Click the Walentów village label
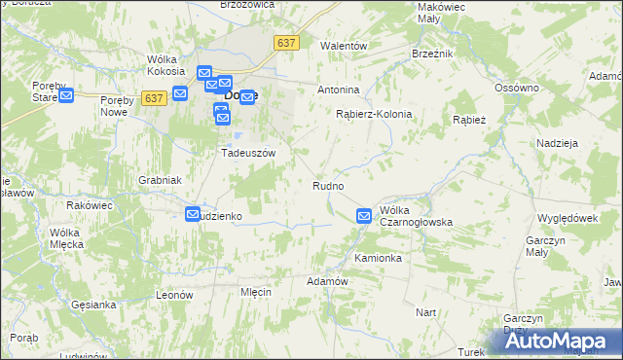click(344, 46)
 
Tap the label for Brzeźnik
click(432, 54)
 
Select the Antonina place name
click(339, 90)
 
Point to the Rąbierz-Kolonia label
click(374, 114)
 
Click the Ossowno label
click(516, 89)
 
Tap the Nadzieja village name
click(558, 143)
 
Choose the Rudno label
click(327, 185)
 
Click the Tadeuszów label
click(249, 153)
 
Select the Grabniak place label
click(160, 180)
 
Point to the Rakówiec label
click(90, 205)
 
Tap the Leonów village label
click(176, 294)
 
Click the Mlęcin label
click(255, 292)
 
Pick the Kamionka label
click(378, 259)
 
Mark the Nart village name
click(425, 312)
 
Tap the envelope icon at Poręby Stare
click(66, 95)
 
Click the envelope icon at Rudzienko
click(194, 214)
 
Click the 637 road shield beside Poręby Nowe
click(153, 98)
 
